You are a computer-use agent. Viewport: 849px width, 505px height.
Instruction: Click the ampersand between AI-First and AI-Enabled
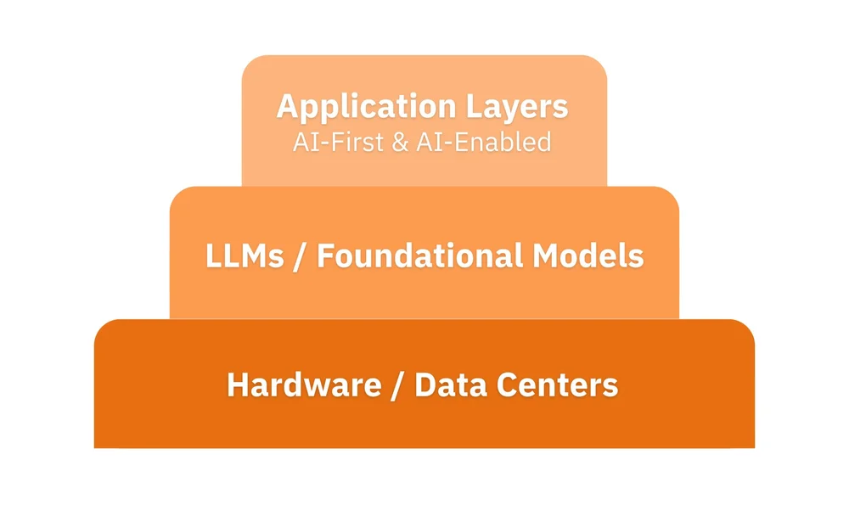(x=398, y=142)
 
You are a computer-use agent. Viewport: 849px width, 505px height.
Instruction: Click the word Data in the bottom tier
(x=449, y=385)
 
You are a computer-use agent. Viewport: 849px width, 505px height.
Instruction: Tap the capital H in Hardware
(x=237, y=385)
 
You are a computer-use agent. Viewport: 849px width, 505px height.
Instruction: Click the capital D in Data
(x=424, y=385)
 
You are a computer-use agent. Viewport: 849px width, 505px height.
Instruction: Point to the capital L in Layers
(x=473, y=108)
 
